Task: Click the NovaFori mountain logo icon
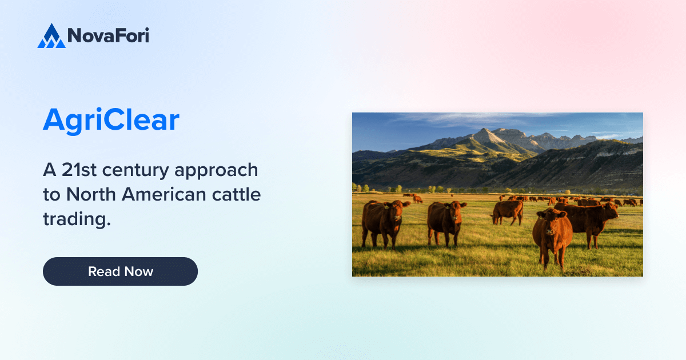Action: (51, 36)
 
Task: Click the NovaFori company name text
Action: (108, 36)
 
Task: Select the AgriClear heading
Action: (111, 121)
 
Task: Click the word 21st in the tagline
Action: (81, 170)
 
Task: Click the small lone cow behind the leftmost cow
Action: (418, 199)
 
